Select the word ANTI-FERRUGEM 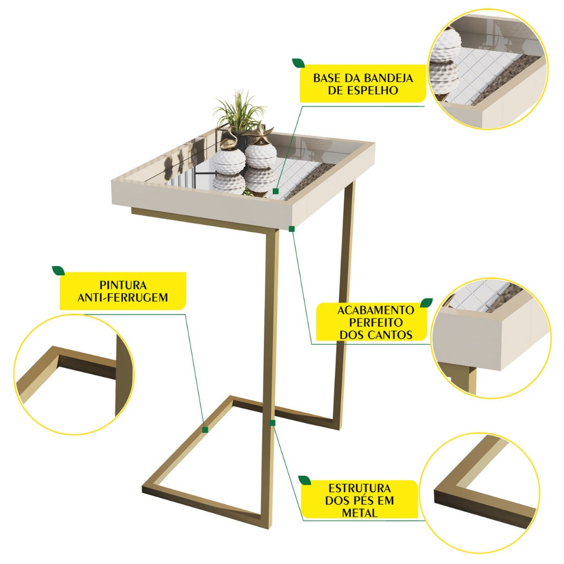pos(123,297)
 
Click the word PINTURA pos(123,285)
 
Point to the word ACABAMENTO pos(376,310)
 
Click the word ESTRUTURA pos(359,488)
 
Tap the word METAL pos(359,513)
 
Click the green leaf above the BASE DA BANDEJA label pos(298,63)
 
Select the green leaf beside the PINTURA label pos(58,270)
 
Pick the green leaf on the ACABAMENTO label pos(427,302)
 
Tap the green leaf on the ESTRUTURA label pos(305,480)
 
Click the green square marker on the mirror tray pos(276,191)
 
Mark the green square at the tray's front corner pos(292,229)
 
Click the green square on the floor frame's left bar pos(205,430)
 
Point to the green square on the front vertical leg pos(273,423)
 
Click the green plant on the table pos(240,111)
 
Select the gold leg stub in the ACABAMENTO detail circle pos(463,381)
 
